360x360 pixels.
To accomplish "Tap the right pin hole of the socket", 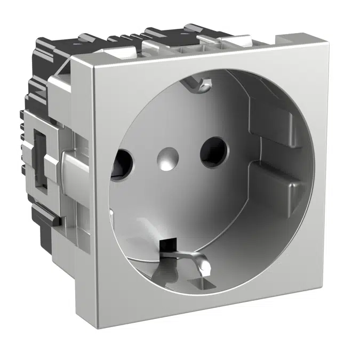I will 214,150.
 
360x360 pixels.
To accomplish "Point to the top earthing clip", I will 201,83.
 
